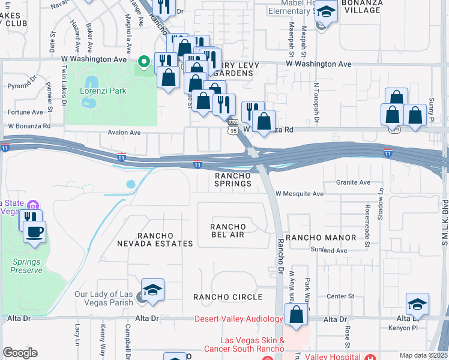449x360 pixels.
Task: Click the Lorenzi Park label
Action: pos(100,92)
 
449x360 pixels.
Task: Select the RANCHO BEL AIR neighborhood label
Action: pos(227,230)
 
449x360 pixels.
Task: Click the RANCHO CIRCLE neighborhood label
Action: pos(228,297)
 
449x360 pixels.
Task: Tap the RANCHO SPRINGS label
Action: pos(233,179)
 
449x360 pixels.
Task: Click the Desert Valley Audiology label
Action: pos(238,319)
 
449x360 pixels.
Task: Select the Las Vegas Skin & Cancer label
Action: pos(252,344)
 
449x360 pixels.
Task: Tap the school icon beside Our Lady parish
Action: pos(153,290)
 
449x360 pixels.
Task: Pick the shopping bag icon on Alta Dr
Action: pos(297,314)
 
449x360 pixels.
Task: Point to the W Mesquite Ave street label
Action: pos(300,194)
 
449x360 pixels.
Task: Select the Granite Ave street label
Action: pos(350,182)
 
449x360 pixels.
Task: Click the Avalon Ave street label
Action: pos(124,133)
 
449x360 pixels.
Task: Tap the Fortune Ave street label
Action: pos(25,112)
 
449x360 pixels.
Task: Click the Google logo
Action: pos(20,353)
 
